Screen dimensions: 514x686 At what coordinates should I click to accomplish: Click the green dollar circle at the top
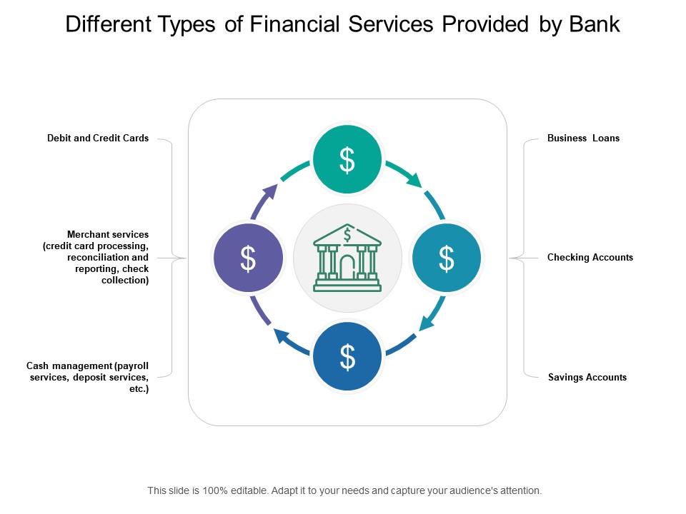[347, 160]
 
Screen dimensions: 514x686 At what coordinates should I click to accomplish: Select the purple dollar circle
[248, 258]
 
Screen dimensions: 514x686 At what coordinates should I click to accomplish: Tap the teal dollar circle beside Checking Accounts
[447, 258]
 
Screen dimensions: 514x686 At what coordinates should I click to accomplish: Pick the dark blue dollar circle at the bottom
[347, 357]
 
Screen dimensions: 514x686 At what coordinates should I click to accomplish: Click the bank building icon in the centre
[347, 258]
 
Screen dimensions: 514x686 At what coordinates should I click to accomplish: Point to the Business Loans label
[583, 138]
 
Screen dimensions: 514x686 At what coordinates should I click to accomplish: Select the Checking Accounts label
[590, 258]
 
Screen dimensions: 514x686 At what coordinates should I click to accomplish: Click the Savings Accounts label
[587, 378]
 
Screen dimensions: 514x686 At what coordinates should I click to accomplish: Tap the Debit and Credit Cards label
[98, 138]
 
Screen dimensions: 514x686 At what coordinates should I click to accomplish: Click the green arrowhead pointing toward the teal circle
[414, 181]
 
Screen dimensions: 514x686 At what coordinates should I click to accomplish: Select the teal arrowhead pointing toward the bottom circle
[425, 323]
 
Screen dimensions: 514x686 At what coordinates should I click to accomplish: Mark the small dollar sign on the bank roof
[347, 234]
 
